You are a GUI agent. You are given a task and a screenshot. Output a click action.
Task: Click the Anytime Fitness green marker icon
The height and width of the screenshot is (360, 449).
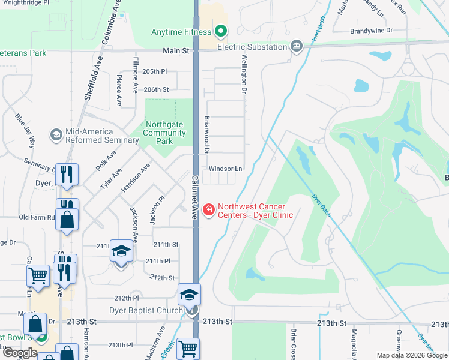pos(221,31)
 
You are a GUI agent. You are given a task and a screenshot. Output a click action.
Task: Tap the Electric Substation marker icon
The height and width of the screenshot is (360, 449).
pos(296,46)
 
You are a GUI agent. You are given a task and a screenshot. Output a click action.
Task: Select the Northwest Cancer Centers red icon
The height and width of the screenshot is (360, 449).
pos(209,209)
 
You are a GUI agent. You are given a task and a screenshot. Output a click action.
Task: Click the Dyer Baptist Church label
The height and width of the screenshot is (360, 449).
pos(146,310)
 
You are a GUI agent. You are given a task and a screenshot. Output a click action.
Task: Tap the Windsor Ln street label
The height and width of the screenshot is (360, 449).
pos(225,169)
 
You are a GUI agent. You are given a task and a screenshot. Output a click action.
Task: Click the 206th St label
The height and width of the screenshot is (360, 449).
pos(156,89)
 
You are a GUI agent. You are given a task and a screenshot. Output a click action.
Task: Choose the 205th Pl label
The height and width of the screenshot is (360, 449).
pos(155,71)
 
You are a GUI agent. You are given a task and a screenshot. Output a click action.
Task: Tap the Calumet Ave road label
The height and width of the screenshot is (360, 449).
pos(196,196)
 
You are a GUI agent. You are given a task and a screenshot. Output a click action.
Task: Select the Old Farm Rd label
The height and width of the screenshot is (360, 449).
pos(37,217)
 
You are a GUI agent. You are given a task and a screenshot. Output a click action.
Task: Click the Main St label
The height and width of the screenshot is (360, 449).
pos(172,51)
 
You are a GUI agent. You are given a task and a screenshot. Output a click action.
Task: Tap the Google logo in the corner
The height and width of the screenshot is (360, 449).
pos(19,353)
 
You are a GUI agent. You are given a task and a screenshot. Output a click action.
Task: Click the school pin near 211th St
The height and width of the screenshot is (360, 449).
pos(121,253)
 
